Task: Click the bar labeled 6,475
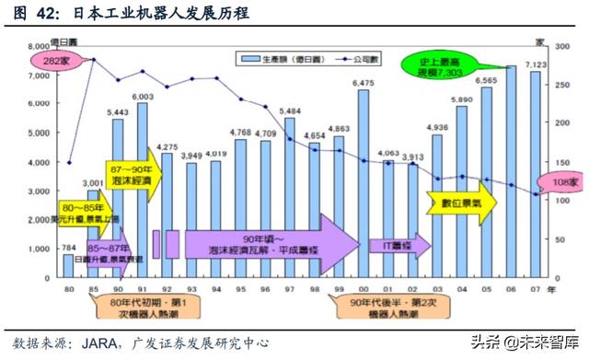pyautogui.click(x=364, y=184)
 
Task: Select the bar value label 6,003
pyautogui.click(x=142, y=96)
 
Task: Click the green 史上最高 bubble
pyautogui.click(x=438, y=65)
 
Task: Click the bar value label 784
pyautogui.click(x=67, y=246)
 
